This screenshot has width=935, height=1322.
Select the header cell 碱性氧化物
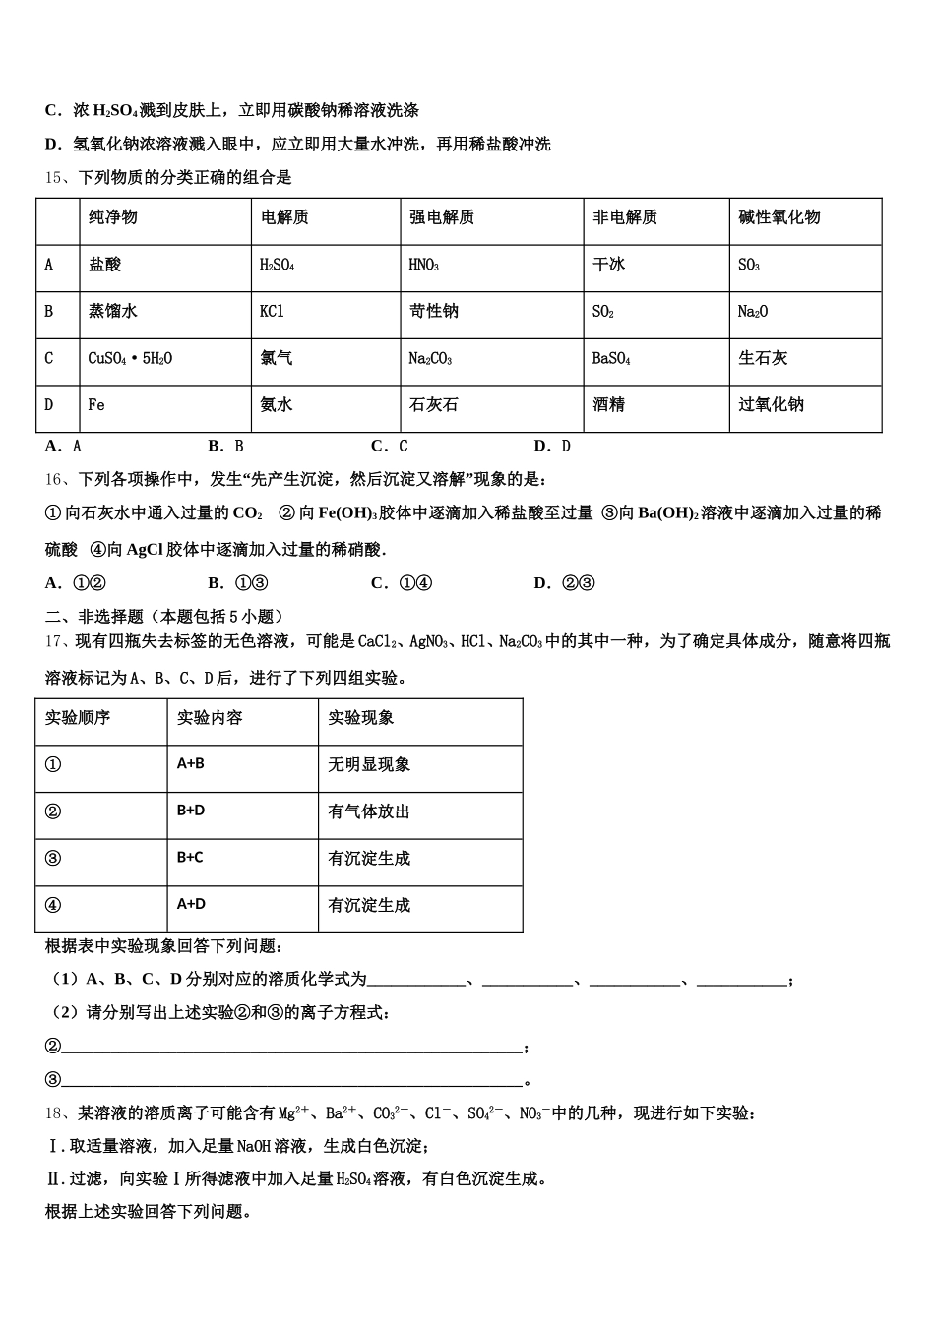779,217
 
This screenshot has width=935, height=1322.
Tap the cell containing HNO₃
423,265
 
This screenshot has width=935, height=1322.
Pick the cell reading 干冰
608,265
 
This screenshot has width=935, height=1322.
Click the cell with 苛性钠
433,311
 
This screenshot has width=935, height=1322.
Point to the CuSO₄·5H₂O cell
130,358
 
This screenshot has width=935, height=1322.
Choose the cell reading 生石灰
763,358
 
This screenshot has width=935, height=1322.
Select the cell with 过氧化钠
771,404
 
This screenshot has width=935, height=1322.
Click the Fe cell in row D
96,404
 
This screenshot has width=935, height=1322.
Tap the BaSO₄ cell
610,358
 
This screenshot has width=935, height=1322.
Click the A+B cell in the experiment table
191,763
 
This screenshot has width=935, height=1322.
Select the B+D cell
191,811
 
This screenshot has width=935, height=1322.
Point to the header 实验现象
360,717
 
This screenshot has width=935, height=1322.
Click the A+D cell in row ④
191,904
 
